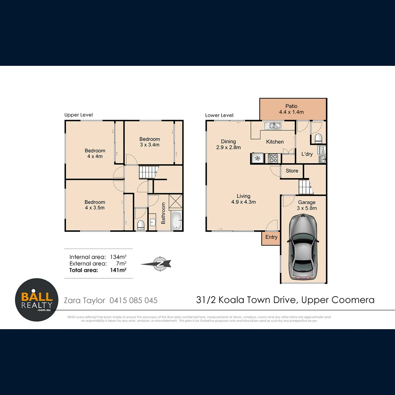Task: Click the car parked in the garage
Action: click(303, 248)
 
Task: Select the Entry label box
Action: click(271, 237)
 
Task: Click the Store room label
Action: click(292, 171)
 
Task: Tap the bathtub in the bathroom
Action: click(176, 221)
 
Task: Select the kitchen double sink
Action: click(274, 126)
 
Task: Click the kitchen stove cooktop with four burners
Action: click(273, 158)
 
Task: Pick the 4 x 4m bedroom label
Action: click(95, 153)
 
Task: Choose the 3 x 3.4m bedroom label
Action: click(150, 142)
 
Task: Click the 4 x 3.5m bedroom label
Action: click(95, 205)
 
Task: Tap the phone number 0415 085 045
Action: click(133, 300)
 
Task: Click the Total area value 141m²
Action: click(118, 270)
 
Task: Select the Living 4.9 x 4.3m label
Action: click(243, 199)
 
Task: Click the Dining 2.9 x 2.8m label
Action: click(228, 144)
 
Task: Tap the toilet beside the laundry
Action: click(318, 138)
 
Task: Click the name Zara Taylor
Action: click(85, 300)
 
